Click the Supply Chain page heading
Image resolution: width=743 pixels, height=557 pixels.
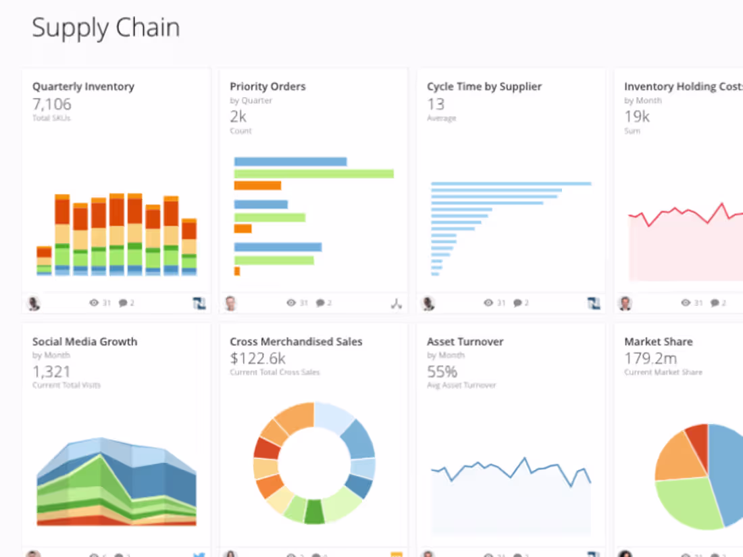[x=106, y=28]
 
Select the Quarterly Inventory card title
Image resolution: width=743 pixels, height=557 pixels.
[x=83, y=86]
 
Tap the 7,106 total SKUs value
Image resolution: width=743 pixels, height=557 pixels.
[x=51, y=104]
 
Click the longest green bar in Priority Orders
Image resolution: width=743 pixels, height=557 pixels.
[x=313, y=174]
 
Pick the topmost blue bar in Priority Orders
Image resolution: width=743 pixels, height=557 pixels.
[x=290, y=161]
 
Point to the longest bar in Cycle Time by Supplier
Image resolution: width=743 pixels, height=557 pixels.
[x=511, y=183]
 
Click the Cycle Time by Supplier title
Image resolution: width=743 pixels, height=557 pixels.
[x=484, y=86]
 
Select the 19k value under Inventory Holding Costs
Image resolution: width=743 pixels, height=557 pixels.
[x=636, y=117]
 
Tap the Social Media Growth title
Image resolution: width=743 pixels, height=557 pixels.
[x=84, y=342]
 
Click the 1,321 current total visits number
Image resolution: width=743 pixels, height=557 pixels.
[x=51, y=371]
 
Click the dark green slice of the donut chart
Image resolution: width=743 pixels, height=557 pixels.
[x=314, y=512]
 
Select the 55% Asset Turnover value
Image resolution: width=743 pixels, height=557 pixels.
[x=442, y=371]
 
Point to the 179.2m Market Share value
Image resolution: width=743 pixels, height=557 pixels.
[x=650, y=358]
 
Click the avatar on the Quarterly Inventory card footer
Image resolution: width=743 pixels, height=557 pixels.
[x=33, y=303]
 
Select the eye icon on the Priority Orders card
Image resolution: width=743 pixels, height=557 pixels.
[x=291, y=303]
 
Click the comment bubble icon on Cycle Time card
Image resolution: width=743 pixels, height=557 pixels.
[x=517, y=303]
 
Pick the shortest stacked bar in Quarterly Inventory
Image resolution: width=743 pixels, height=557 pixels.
[x=44, y=261]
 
